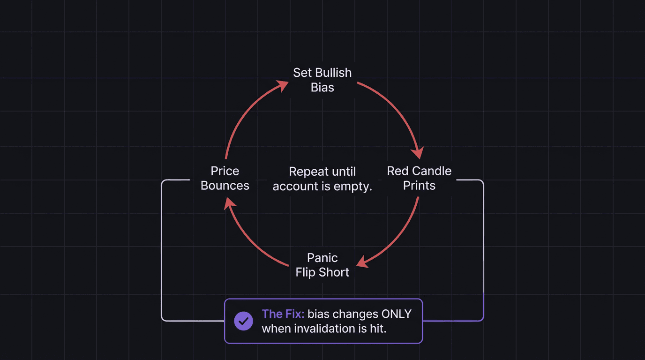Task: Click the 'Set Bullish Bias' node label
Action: coord(322,80)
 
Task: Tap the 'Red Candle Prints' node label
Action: coord(419,178)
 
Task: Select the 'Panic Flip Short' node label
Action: coord(322,265)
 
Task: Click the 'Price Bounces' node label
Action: coord(225,178)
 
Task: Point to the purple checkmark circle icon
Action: coord(243,321)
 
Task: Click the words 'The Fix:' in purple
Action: coord(283,314)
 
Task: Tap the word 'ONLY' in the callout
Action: coord(396,314)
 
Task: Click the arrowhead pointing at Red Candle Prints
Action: coord(417,153)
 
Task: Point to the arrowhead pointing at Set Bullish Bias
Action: coord(282,85)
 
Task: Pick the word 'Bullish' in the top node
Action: coord(333,73)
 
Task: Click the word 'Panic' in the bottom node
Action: coord(322,258)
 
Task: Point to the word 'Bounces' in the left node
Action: coord(225,186)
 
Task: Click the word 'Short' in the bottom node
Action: coord(336,272)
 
